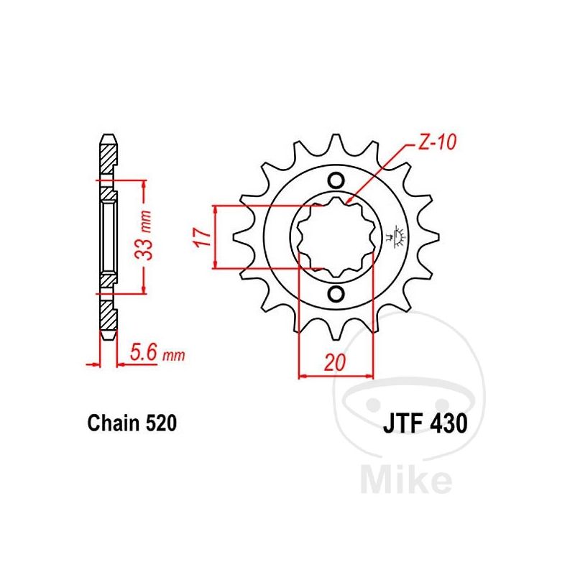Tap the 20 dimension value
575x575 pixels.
click(335, 362)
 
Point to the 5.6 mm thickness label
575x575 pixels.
click(157, 354)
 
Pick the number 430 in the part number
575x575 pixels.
click(451, 423)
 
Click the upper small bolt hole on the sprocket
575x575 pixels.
click(336, 180)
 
